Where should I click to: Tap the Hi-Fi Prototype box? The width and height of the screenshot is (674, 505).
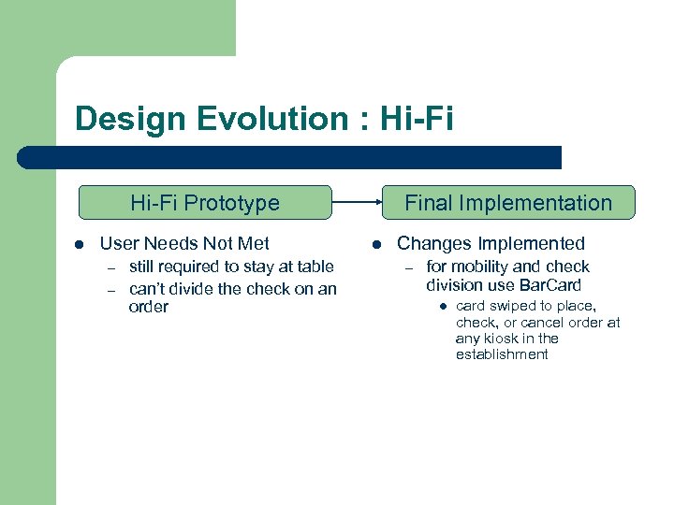tap(205, 203)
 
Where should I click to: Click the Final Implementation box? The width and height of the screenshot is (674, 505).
tap(507, 203)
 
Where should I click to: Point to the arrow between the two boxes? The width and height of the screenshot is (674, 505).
tap(357, 201)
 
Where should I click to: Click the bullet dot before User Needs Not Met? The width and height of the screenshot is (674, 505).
tap(80, 245)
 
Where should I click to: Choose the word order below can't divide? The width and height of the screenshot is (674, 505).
tap(149, 307)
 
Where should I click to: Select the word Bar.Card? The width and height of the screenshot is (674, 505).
tap(550, 285)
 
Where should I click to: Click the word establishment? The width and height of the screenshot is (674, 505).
tap(502, 354)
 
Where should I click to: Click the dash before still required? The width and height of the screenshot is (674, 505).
tap(110, 267)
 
